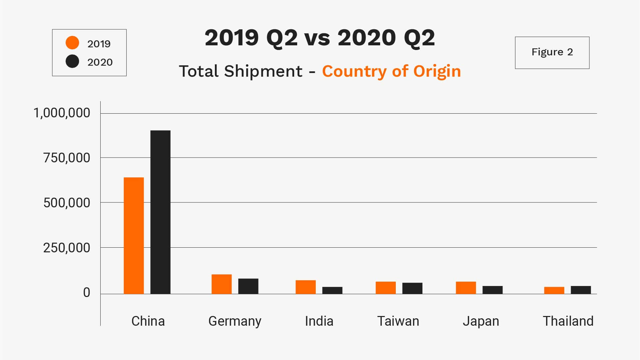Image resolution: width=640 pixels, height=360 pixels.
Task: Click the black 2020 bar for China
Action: (160, 212)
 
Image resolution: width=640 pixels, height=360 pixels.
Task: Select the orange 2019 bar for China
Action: (134, 235)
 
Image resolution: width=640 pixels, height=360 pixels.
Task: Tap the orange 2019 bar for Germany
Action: (222, 284)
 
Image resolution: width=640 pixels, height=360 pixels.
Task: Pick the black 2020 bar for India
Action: (332, 290)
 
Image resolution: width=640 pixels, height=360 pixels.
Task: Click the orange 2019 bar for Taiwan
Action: (385, 288)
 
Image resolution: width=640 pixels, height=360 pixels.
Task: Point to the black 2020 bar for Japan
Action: (492, 290)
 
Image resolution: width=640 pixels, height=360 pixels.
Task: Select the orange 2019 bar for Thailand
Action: (554, 290)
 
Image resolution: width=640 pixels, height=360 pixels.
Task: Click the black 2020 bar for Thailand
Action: (581, 290)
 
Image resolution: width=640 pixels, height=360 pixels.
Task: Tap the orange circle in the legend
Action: (72, 43)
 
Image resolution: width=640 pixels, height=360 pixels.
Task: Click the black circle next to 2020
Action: (72, 61)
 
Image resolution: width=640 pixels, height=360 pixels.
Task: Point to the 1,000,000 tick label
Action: (62, 113)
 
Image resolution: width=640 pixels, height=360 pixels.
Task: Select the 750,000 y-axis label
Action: (67, 158)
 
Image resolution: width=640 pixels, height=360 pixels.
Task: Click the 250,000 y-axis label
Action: (67, 248)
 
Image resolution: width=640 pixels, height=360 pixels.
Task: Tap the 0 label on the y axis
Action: (87, 293)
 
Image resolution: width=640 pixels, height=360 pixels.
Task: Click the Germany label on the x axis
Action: (235, 321)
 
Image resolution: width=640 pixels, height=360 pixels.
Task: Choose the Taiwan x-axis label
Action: (398, 321)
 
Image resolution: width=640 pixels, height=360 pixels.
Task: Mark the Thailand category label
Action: (568, 321)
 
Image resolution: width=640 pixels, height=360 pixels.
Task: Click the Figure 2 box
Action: (552, 53)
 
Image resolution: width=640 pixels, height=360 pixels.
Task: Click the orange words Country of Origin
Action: (391, 71)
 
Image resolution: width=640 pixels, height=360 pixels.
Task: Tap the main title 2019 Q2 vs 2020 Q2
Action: (320, 37)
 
